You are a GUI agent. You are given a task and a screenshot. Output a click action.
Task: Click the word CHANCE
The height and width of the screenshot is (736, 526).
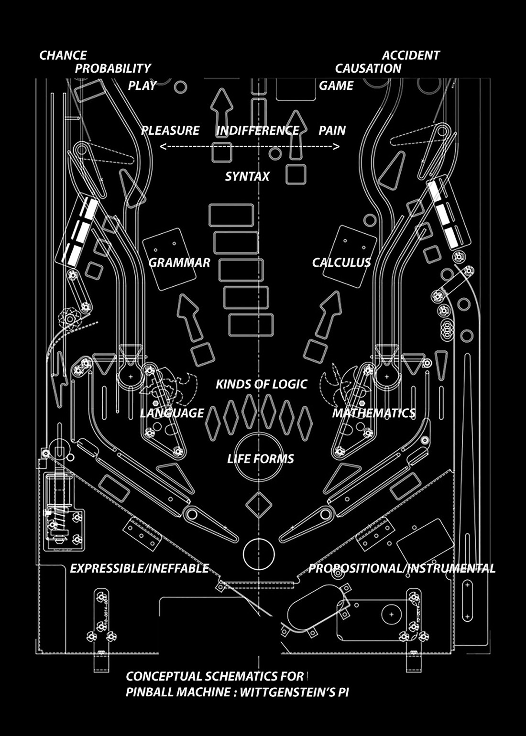coord(63,55)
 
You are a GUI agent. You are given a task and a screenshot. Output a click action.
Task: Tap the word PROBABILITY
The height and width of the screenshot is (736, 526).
coord(113,69)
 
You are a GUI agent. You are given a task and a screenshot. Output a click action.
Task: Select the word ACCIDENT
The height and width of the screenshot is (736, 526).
coord(411,55)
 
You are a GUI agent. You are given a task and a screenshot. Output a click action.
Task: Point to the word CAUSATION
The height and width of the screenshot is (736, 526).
coord(368,69)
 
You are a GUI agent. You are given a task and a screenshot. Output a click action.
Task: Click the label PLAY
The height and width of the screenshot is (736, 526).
coord(142,86)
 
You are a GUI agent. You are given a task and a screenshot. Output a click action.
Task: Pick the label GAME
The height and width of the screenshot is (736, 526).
coord(336,86)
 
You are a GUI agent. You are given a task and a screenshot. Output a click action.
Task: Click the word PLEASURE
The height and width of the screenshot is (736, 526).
coord(170,130)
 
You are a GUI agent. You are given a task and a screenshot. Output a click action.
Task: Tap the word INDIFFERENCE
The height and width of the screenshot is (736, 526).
coord(258,130)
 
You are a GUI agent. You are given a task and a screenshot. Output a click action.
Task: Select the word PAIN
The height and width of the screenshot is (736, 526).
coord(332,130)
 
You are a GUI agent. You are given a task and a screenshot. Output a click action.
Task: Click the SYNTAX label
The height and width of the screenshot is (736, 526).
coord(247,176)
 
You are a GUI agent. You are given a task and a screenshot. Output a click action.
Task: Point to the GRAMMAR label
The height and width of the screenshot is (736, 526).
coord(179,262)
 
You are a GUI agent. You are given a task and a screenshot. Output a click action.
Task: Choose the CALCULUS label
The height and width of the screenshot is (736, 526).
coord(341,262)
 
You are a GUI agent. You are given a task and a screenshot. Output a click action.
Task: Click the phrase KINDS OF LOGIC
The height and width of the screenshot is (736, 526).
coord(261,384)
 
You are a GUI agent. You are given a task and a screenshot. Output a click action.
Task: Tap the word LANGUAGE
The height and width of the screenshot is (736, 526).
coord(172,413)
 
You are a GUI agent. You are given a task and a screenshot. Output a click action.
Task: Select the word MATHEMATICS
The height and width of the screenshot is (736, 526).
coord(374,413)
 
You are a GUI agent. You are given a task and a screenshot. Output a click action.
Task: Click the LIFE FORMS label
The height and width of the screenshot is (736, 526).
coord(261,459)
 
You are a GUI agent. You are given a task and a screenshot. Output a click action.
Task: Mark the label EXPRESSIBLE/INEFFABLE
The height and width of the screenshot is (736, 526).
coord(140,568)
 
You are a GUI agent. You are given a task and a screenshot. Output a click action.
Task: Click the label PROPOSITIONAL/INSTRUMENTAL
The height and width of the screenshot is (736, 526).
coord(402,568)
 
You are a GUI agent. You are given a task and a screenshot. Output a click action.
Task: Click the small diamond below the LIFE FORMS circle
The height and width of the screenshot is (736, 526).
coord(258,504)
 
